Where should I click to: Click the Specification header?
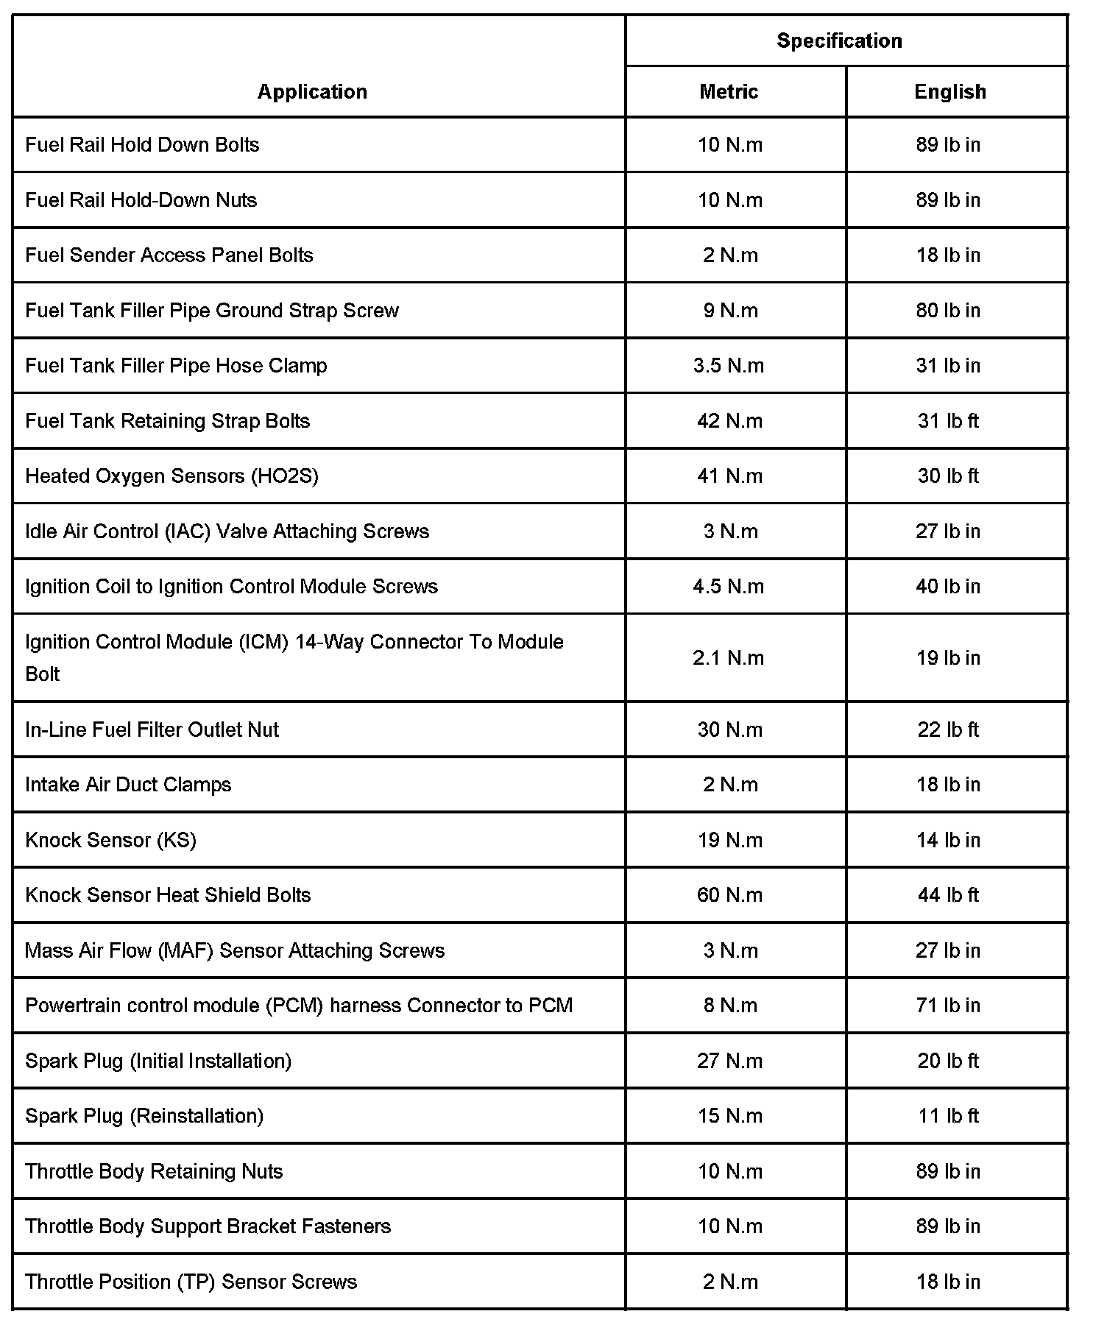coord(839,40)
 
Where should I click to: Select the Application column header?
coord(312,91)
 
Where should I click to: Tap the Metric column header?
coord(729,91)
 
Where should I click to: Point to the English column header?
coord(949,91)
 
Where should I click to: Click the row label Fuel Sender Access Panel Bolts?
coord(169,255)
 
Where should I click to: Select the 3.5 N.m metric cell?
coord(729,365)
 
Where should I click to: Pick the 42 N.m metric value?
coord(729,420)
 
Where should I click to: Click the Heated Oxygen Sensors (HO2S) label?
coord(171,476)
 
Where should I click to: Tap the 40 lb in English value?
coord(948,586)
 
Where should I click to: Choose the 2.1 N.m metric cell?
coord(729,657)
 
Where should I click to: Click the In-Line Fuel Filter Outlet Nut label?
coord(152,730)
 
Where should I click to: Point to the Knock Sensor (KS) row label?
coord(110,840)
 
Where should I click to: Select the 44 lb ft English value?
coord(948,894)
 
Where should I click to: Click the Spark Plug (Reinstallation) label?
coord(144,1115)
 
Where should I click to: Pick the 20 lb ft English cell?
coord(948,1061)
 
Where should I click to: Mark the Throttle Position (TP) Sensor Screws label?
coord(191,1282)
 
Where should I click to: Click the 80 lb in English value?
coord(948,310)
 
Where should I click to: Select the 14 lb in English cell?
coord(948,840)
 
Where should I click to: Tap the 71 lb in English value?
coord(948,1005)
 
